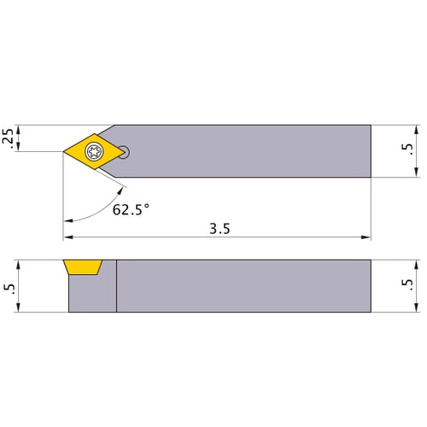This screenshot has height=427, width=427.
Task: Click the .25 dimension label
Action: (x=8, y=138)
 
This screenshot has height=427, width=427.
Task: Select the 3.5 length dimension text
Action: (x=219, y=229)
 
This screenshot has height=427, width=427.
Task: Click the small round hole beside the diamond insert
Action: (x=126, y=152)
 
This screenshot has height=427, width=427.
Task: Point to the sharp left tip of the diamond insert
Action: (x=64, y=152)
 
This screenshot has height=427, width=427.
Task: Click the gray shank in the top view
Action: (x=248, y=150)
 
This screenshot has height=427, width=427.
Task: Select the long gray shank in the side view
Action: (x=243, y=286)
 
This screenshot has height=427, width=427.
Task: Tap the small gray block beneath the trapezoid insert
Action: (x=91, y=295)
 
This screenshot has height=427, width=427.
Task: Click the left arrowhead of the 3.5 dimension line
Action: (x=68, y=237)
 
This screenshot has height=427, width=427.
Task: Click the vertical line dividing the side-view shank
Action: (x=116, y=286)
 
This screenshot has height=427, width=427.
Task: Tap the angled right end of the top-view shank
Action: (x=371, y=150)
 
